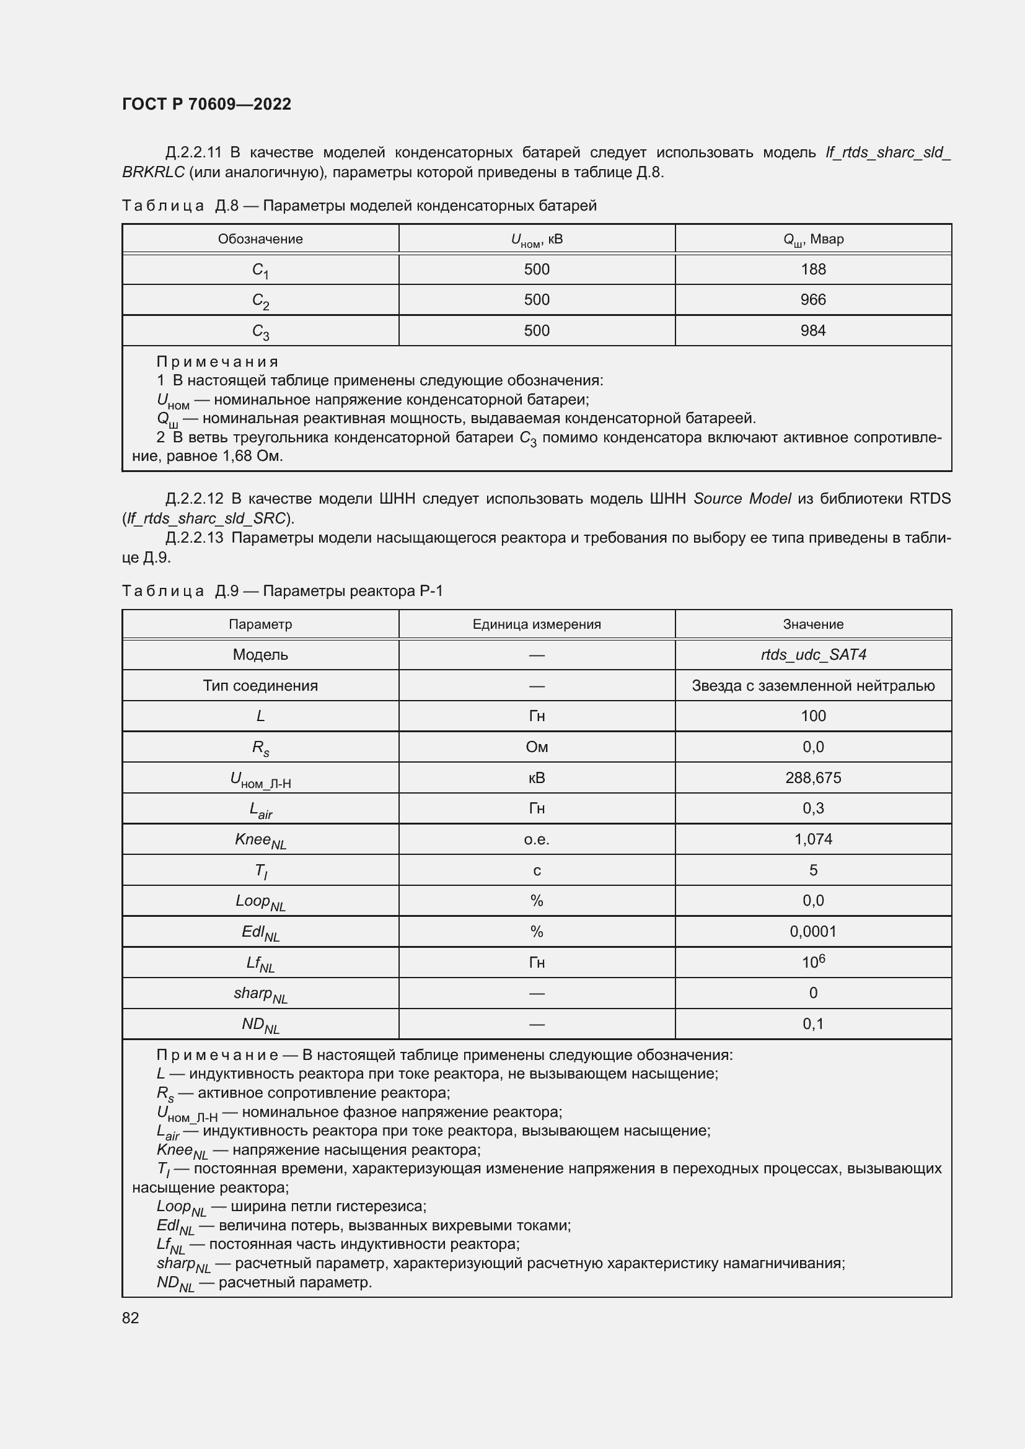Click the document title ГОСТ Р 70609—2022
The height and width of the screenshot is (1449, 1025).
(206, 104)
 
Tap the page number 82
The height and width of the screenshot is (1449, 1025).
(131, 1318)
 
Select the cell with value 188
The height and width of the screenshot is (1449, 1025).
(812, 269)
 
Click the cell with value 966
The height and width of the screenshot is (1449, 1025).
(812, 300)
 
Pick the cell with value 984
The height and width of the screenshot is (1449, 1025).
(812, 331)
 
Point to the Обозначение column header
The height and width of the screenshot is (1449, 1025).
(260, 239)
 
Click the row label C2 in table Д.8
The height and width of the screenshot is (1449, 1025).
(260, 301)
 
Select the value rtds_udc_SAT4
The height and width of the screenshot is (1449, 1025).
(813, 654)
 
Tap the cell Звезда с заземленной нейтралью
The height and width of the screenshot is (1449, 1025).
(813, 685)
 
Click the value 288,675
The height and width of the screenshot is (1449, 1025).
(813, 777)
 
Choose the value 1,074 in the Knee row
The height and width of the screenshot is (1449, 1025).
(813, 839)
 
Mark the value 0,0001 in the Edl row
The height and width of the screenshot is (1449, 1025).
(813, 932)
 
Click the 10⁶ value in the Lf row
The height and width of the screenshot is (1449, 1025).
(813, 962)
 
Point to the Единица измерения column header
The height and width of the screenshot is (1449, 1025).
(537, 624)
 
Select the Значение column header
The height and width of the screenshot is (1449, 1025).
(813, 624)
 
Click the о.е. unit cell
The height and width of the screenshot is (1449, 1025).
(537, 839)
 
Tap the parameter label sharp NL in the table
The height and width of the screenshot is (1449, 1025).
(260, 994)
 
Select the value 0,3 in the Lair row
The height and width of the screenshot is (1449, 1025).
(813, 808)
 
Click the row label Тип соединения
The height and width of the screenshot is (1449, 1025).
(260, 685)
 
